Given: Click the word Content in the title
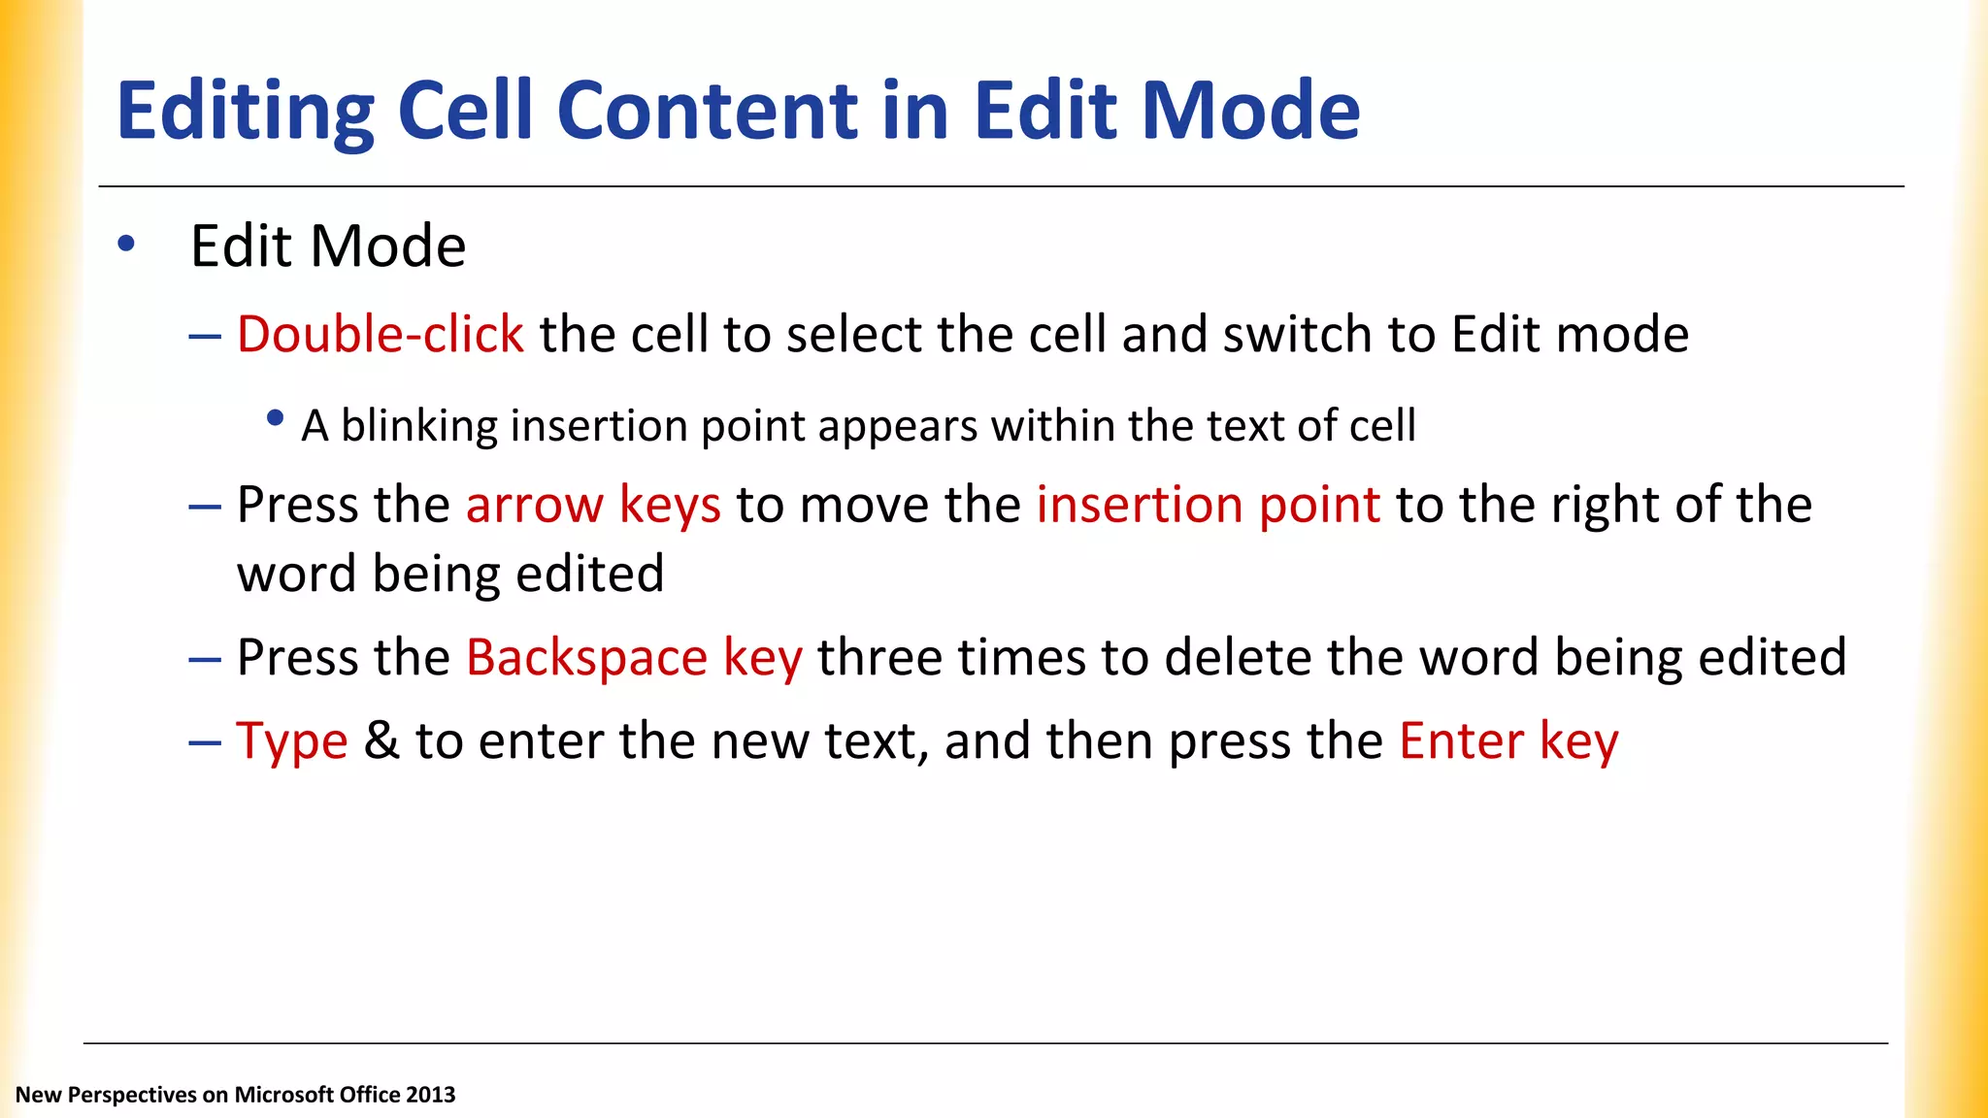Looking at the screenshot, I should point(708,111).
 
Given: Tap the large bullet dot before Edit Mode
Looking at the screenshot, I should point(126,244).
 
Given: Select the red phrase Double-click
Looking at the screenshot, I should point(380,335).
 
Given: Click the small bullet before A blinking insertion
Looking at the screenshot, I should point(275,418).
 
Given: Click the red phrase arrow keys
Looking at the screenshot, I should point(593,506).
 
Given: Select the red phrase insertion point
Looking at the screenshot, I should point(1208,506).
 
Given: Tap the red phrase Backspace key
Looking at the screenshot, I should point(634,658).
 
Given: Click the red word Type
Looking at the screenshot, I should point(291,742).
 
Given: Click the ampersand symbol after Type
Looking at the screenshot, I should point(381,741).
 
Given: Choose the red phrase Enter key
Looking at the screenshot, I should point(1508,742).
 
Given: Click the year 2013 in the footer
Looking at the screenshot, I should point(430,1095).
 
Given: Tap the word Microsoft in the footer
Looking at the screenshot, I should point(289,1095).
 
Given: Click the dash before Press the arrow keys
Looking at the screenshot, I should point(205,507).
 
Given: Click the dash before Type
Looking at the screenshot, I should point(205,742).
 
